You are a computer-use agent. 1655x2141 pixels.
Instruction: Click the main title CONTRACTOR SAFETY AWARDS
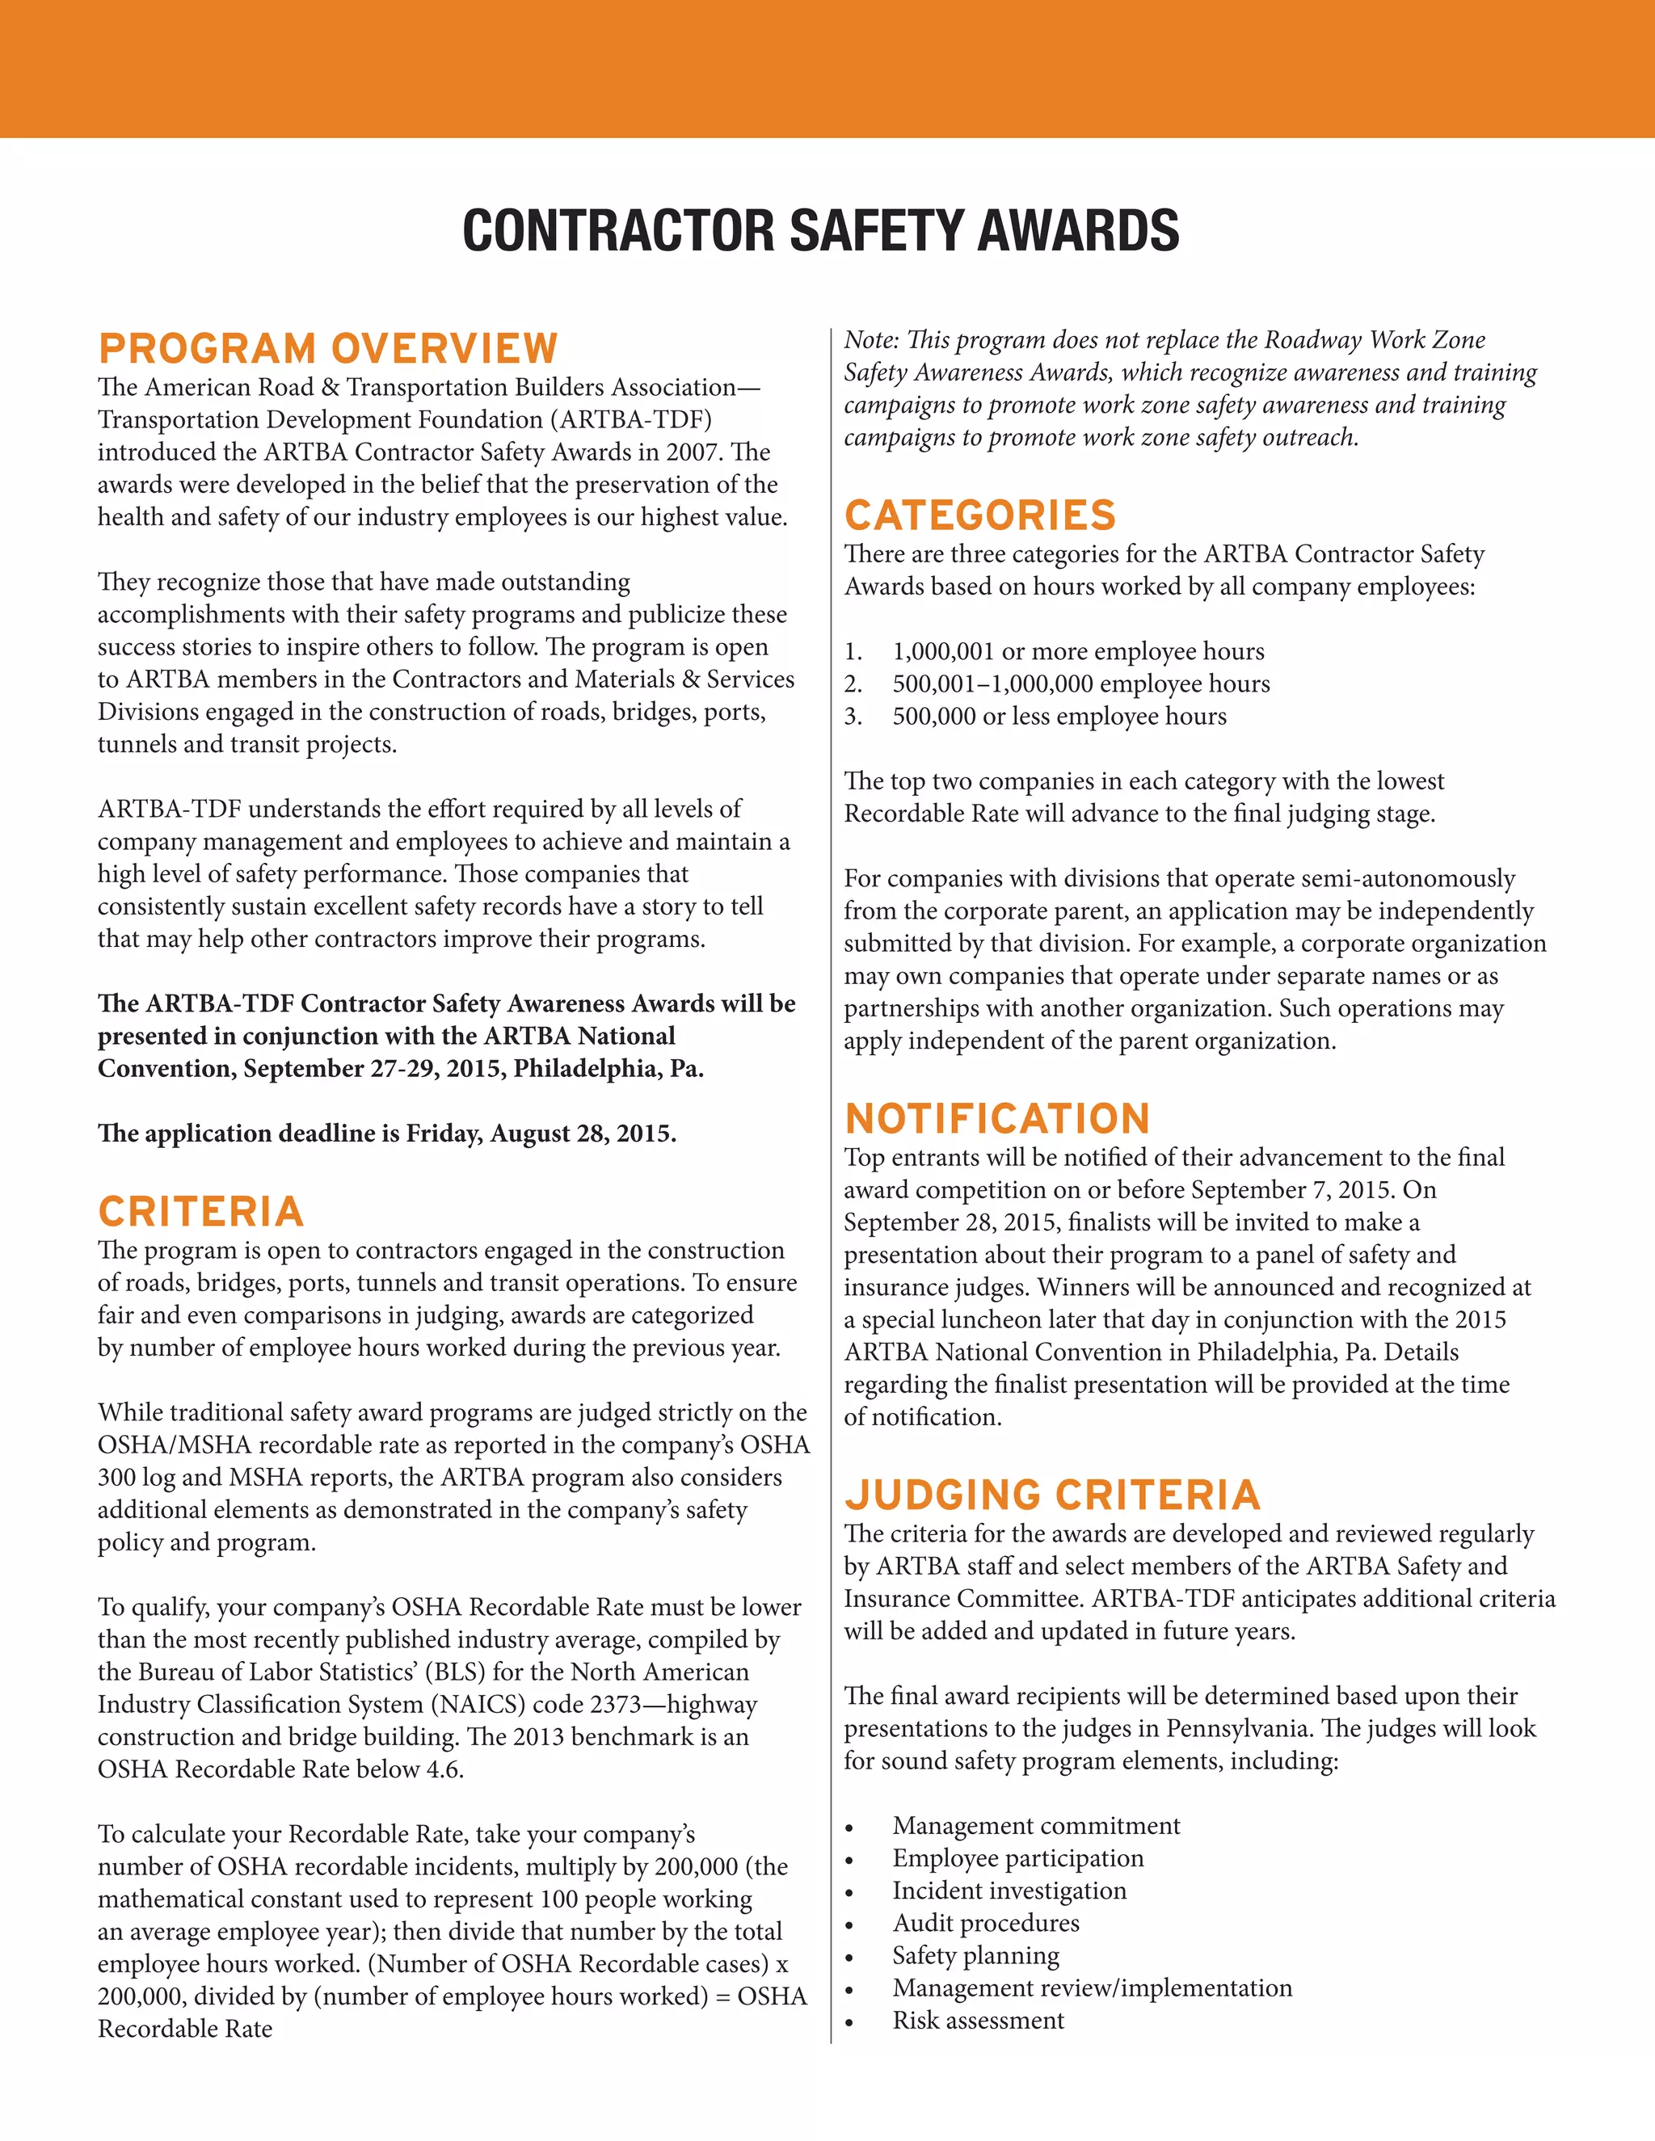pyautogui.click(x=821, y=231)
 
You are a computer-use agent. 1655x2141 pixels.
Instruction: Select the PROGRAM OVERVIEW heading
pyautogui.click(x=327, y=349)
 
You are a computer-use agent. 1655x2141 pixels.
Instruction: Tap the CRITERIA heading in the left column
pyautogui.click(x=201, y=1212)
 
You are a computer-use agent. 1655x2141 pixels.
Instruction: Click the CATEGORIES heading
pyautogui.click(x=979, y=515)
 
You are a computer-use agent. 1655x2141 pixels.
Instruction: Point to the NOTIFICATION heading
pyautogui.click(x=997, y=1118)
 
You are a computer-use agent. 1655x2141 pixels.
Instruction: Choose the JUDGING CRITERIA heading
pyautogui.click(x=1052, y=1495)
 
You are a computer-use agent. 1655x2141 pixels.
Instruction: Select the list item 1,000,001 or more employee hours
pyautogui.click(x=1077, y=652)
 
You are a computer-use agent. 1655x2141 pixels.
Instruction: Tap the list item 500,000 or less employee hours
pyautogui.click(x=1059, y=717)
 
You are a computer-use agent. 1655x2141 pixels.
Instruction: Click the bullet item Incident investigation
pyautogui.click(x=1009, y=1891)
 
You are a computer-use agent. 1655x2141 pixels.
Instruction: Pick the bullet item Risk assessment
pyautogui.click(x=978, y=2021)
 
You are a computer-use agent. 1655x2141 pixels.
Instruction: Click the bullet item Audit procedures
pyautogui.click(x=985, y=1924)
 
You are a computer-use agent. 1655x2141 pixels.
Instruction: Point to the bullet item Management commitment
pyautogui.click(x=1035, y=1827)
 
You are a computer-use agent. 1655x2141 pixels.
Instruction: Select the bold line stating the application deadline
pyautogui.click(x=386, y=1134)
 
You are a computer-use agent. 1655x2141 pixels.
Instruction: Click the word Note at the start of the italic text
pyautogui.click(x=870, y=340)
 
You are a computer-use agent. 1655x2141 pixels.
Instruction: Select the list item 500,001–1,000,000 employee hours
pyautogui.click(x=1080, y=684)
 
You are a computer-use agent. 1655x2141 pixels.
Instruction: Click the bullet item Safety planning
pyautogui.click(x=975, y=1956)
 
